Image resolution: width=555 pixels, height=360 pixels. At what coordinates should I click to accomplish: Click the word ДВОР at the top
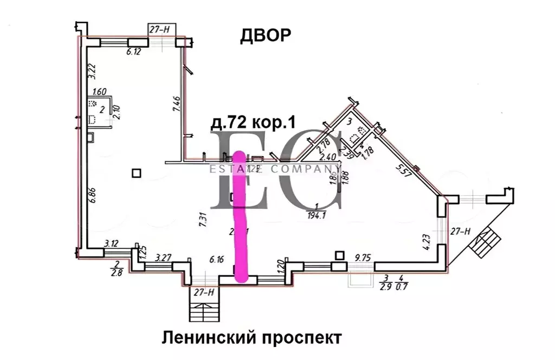(265, 35)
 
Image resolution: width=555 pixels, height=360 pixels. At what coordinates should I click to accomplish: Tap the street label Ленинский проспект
(251, 338)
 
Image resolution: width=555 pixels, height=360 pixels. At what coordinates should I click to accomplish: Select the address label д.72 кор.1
(252, 123)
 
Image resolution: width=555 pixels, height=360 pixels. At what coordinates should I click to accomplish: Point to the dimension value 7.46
(176, 101)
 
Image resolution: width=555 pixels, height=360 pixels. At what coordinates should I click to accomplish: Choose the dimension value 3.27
(164, 258)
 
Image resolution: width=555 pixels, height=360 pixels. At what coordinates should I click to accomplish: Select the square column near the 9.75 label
(340, 255)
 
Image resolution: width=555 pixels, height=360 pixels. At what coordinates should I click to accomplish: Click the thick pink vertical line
(240, 217)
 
